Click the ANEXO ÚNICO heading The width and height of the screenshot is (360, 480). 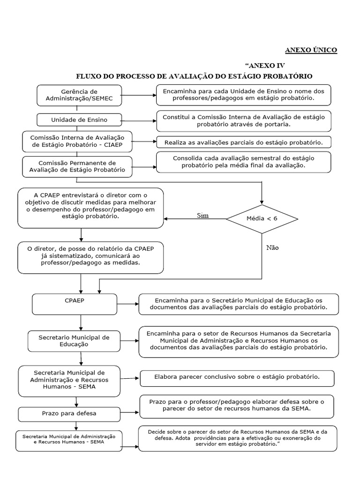click(311, 50)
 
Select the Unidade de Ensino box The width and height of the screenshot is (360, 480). click(79, 120)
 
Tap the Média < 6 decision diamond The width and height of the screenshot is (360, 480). click(262, 219)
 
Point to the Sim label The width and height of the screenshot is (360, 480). click(202, 216)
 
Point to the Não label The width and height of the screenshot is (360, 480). click(272, 247)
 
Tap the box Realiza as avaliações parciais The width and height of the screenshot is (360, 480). click(244, 142)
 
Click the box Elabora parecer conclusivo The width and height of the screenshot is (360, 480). click(237, 377)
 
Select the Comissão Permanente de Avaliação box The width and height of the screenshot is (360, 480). click(77, 166)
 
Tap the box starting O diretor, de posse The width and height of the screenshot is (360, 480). click(90, 257)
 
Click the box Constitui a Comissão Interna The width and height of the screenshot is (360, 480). click(243, 120)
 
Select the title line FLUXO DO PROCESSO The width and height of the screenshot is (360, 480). click(194, 76)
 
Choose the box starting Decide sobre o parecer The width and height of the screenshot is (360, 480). click(237, 439)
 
